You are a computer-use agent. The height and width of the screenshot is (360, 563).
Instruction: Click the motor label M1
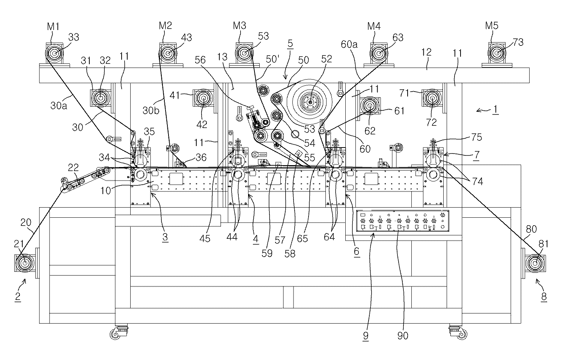pos(53,26)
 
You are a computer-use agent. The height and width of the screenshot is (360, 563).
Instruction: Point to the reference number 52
pos(327,60)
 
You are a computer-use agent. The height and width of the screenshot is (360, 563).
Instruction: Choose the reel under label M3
pos(244,53)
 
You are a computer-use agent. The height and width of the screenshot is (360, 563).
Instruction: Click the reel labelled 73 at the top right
pos(498,53)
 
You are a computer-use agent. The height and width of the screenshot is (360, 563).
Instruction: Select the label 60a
pos(349,45)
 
